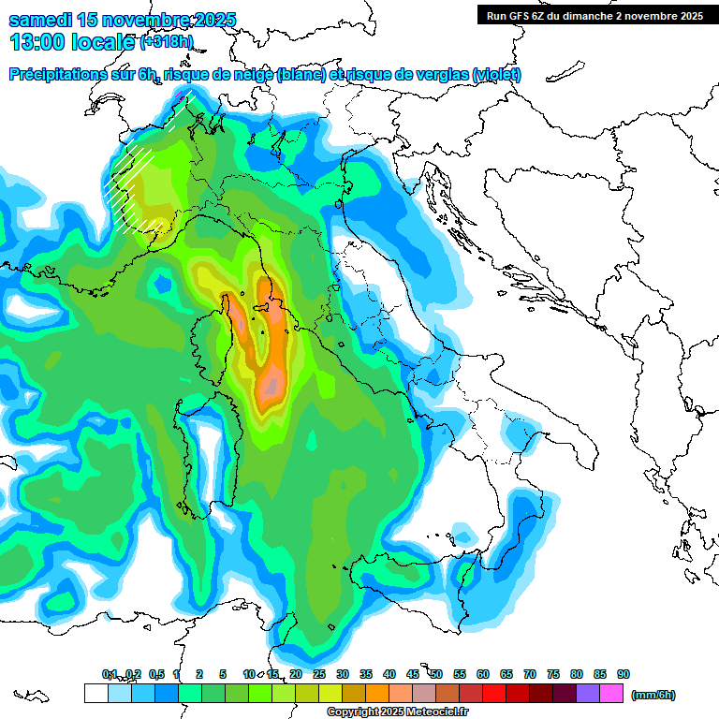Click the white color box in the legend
click(95, 694)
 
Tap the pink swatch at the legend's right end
click(611, 694)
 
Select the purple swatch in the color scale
click(588, 694)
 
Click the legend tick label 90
click(624, 674)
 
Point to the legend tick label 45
click(413, 674)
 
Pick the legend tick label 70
click(530, 674)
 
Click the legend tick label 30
click(343, 674)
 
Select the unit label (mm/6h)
click(653, 695)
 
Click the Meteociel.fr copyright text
click(386, 712)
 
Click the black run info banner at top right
click(594, 15)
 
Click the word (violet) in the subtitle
click(497, 75)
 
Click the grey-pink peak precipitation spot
click(271, 382)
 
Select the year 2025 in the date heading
click(211, 20)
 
